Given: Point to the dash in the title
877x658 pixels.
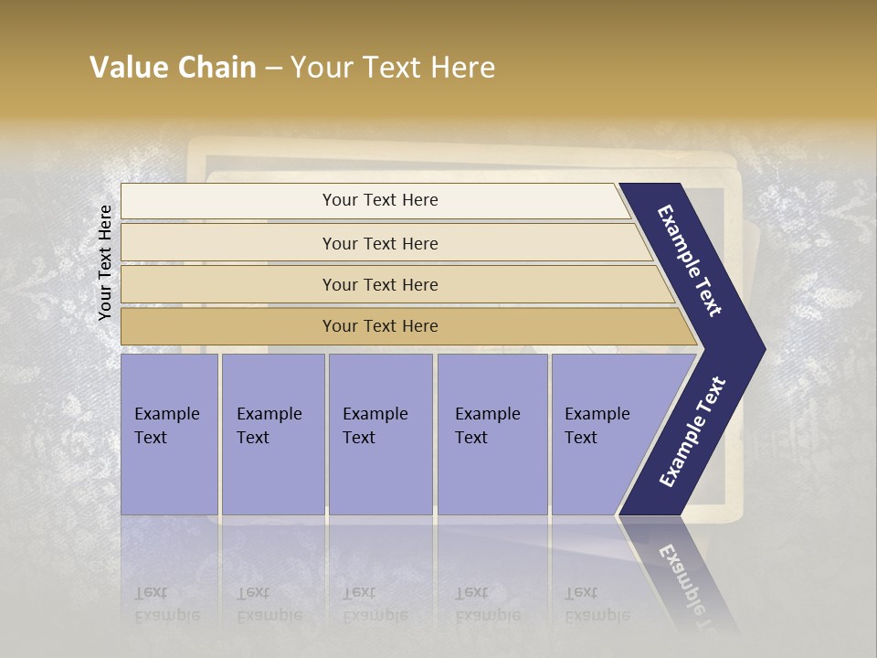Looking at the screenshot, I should tap(273, 69).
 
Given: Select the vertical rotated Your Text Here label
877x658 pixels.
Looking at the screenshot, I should tap(105, 262).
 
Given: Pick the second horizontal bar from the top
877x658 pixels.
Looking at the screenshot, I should tap(379, 243).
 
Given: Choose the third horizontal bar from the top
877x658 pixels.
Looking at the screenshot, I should tap(379, 284).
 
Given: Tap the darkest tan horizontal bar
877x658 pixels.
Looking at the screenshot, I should tap(379, 326).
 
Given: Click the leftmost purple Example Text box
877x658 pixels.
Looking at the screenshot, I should tap(169, 433).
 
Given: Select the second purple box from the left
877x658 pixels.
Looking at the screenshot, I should tap(272, 433).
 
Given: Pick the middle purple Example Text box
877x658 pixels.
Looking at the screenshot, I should tap(380, 433).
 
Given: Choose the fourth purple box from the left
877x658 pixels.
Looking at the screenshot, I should tap(491, 433).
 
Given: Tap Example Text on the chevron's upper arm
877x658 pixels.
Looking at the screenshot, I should tap(690, 260).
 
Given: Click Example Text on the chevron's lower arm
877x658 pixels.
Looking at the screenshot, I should tap(692, 431).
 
